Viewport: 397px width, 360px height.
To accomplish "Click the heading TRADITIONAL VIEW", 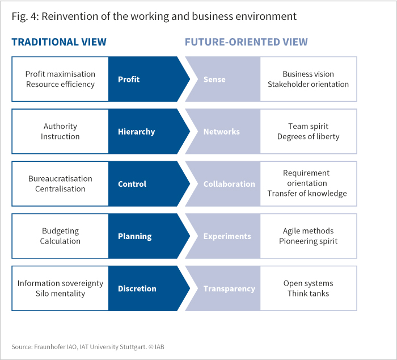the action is [59, 42].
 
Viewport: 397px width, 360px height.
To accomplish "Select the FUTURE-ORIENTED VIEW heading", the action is [246, 42].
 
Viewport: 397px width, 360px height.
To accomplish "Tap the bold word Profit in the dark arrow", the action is [129, 79].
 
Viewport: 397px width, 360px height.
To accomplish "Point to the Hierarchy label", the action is [137, 132].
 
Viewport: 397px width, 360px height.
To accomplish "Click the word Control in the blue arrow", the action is [132, 184].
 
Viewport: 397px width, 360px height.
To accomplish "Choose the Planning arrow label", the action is [135, 237].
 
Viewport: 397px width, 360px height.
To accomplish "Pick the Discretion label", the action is [137, 289].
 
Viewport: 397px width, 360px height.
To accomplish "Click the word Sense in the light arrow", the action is [214, 79].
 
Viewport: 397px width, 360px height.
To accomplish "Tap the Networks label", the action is [222, 132].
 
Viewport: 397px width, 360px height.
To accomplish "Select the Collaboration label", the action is [229, 184].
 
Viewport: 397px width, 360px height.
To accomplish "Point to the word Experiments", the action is [227, 237].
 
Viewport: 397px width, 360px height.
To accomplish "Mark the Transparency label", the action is [229, 289].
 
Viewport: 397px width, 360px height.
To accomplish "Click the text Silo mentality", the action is [60, 294].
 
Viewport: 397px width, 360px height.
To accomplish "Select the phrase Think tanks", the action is [308, 294].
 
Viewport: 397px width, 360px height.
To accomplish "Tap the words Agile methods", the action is [308, 231].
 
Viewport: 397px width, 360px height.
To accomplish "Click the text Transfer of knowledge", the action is [307, 194].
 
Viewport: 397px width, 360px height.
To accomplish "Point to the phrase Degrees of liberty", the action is [308, 137].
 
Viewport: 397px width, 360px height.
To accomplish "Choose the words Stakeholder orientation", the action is [308, 84].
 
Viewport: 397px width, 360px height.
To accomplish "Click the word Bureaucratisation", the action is [60, 179].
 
